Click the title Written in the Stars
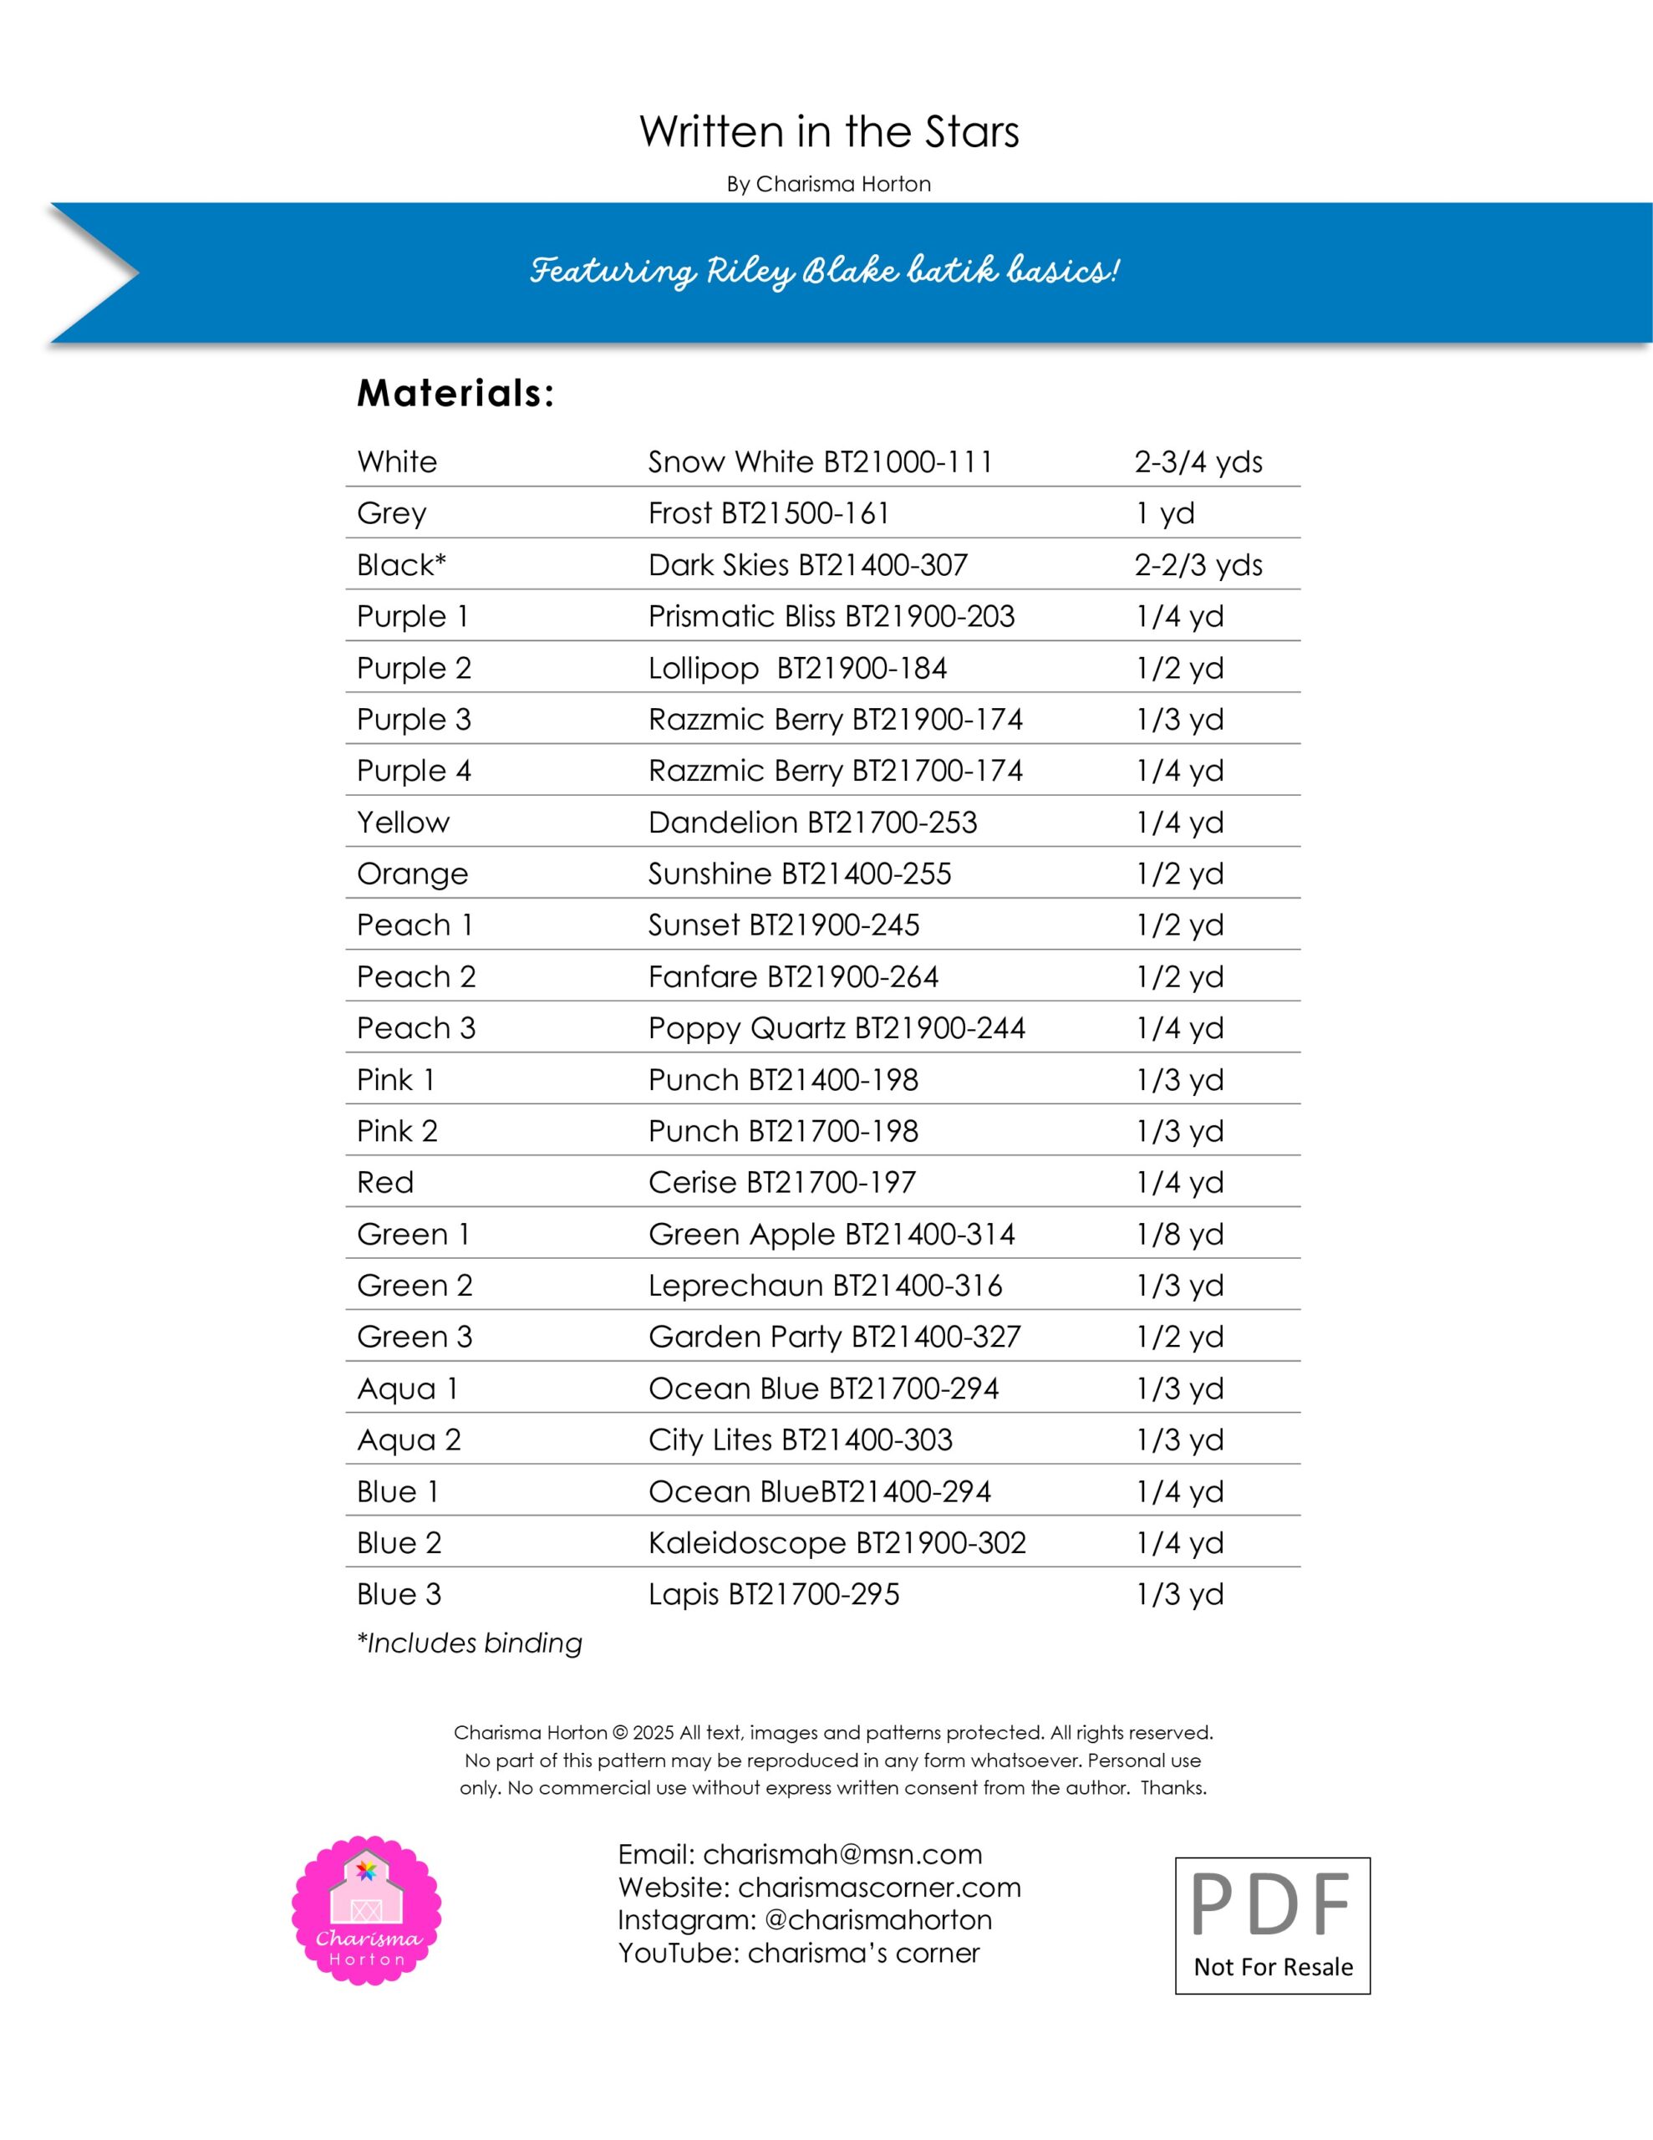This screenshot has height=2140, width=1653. click(x=829, y=132)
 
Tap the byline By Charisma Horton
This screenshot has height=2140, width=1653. click(x=829, y=184)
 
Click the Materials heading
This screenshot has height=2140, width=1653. click(x=455, y=394)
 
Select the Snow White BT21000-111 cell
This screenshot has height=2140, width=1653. click(x=820, y=461)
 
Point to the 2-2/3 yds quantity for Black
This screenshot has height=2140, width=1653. click(x=1198, y=565)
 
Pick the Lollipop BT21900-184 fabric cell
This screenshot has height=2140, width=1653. click(x=797, y=668)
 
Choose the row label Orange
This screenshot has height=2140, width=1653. click(x=413, y=874)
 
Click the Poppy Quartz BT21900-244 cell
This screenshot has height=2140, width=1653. click(x=837, y=1028)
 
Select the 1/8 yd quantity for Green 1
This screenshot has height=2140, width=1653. click(x=1180, y=1234)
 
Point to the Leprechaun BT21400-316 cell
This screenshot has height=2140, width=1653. click(x=825, y=1286)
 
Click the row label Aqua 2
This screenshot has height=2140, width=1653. click(x=409, y=1439)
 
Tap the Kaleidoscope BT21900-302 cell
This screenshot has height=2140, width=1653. click(x=837, y=1542)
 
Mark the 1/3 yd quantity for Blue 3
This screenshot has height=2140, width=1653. click(x=1180, y=1594)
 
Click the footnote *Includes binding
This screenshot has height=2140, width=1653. click(x=470, y=1643)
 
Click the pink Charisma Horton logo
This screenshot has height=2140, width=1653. click(x=367, y=1910)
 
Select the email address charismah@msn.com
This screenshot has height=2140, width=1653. click(x=842, y=1854)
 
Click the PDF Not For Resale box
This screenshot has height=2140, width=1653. click(x=1272, y=1925)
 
